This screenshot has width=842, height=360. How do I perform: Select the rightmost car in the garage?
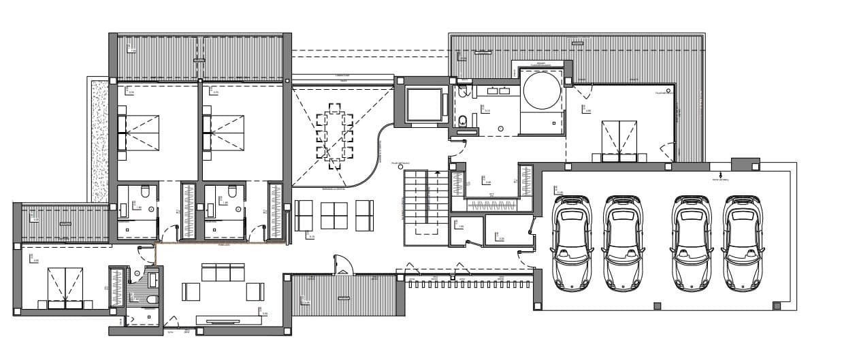pos(741,243)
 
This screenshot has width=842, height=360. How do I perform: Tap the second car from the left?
pos(622,243)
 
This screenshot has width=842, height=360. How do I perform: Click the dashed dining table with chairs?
pos(334,136)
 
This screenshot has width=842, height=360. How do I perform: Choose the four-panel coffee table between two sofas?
pos(334,216)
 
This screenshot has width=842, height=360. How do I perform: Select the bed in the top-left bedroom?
pos(140,132)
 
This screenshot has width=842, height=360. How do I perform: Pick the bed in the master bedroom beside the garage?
pos(619,140)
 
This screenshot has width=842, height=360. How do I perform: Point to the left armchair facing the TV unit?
pos(190,292)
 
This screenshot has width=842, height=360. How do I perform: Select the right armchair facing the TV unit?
pos(255,291)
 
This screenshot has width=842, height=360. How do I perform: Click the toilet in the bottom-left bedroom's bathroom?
pos(150,299)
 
